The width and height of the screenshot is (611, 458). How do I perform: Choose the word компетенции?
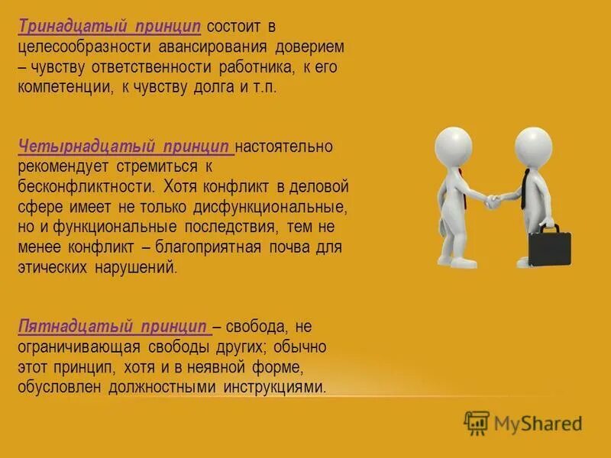(x=64, y=87)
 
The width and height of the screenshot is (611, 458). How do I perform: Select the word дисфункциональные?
(x=283, y=206)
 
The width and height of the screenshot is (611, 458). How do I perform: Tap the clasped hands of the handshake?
(x=492, y=202)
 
